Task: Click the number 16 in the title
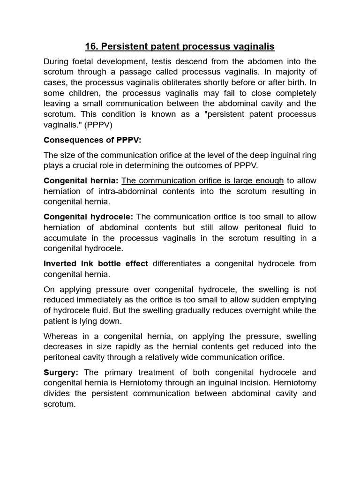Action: click(x=91, y=46)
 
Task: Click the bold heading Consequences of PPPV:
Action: click(x=92, y=140)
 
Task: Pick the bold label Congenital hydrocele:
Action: click(x=88, y=217)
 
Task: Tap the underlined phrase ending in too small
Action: click(x=210, y=217)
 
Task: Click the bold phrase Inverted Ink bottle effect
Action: click(x=96, y=263)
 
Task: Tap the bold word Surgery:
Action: click(x=61, y=372)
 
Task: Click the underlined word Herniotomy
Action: click(x=141, y=382)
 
